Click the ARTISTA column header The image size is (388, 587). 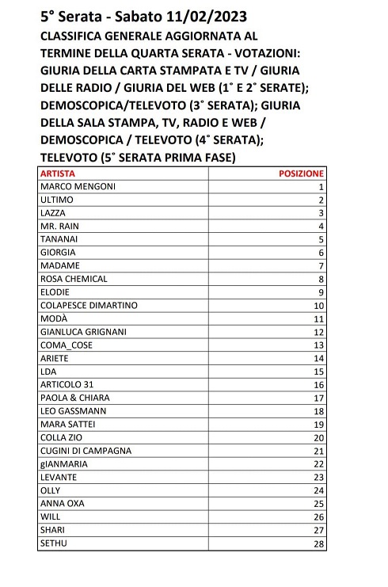(x=58, y=173)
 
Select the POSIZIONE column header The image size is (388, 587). (x=302, y=173)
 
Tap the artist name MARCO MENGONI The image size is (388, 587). (x=78, y=186)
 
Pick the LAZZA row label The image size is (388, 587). (x=53, y=213)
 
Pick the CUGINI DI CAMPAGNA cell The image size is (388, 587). (x=86, y=451)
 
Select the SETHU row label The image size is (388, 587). (x=53, y=543)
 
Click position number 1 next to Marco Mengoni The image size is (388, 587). (x=321, y=186)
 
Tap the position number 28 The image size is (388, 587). (x=319, y=543)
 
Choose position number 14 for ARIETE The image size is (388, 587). (x=319, y=358)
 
